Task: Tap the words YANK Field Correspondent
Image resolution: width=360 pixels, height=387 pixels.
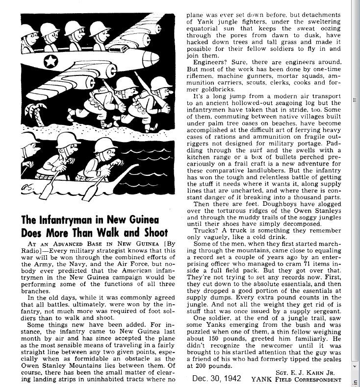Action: click(295, 379)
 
